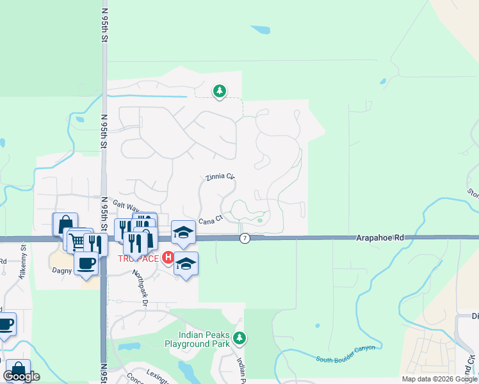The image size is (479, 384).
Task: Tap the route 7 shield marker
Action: click(x=245, y=238)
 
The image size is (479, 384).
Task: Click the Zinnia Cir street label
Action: click(x=220, y=177)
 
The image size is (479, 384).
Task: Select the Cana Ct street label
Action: click(x=209, y=220)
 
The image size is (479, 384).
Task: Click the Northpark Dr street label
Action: click(x=140, y=285)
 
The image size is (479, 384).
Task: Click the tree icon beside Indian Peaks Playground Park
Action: click(x=239, y=337)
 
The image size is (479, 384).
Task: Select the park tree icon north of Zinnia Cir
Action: click(x=220, y=92)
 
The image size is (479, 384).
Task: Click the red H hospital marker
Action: click(x=168, y=258)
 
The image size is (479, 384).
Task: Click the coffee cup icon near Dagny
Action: click(x=86, y=262)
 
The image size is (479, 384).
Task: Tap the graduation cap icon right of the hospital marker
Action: click(x=186, y=263)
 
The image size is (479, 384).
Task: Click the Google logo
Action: click(x=21, y=376)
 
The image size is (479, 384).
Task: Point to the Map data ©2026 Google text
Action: click(x=439, y=379)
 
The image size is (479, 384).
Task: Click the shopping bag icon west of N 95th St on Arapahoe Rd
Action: click(x=65, y=224)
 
